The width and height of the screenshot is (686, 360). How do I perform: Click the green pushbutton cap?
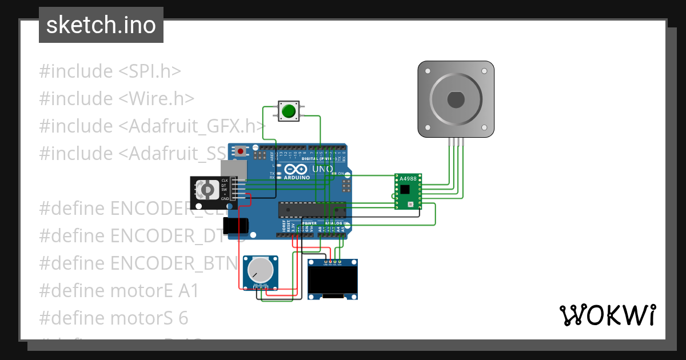pos(289,111)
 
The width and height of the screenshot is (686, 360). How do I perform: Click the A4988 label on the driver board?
pos(408,178)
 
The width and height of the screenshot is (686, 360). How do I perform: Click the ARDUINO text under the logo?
pos(297,178)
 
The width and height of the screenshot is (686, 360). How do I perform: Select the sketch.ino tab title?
pos(101,25)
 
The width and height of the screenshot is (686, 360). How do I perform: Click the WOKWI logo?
pos(607,315)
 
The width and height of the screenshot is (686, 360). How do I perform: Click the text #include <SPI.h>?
pos(110,71)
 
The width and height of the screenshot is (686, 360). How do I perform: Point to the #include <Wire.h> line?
pos(117,99)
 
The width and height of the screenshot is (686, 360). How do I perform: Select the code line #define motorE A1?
pos(119,291)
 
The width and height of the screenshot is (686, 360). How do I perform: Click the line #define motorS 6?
pos(113,318)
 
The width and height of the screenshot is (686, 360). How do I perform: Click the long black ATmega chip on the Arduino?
pos(312,210)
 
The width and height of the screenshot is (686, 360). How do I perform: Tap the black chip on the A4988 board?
pos(405,189)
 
